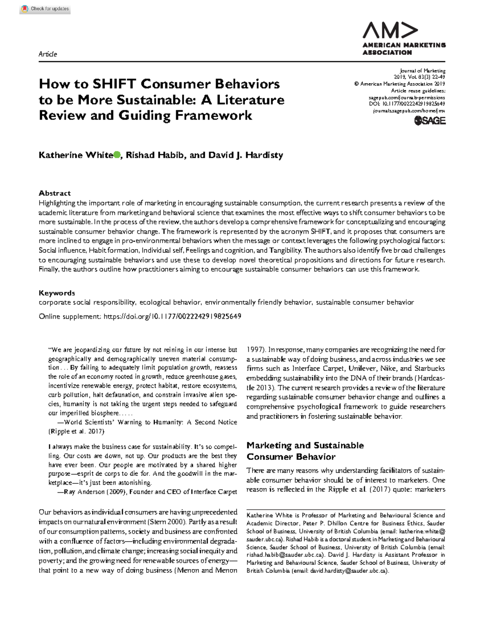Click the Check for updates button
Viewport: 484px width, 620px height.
tap(45, 8)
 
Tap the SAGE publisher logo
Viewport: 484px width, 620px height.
tap(430, 120)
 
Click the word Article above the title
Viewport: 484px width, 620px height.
tap(48, 54)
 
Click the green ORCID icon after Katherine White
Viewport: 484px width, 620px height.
tap(117, 155)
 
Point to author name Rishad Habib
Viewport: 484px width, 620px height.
tap(155, 155)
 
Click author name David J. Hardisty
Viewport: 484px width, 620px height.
tap(246, 155)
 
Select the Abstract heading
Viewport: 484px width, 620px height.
tap(54, 193)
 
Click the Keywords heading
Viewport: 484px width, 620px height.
tap(57, 293)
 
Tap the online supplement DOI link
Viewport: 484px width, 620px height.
tap(172, 316)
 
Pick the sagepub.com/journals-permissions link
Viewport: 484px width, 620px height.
tap(407, 97)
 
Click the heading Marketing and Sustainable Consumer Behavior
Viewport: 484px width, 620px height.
tap(305, 451)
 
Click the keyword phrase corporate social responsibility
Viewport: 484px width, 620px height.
tap(87, 302)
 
